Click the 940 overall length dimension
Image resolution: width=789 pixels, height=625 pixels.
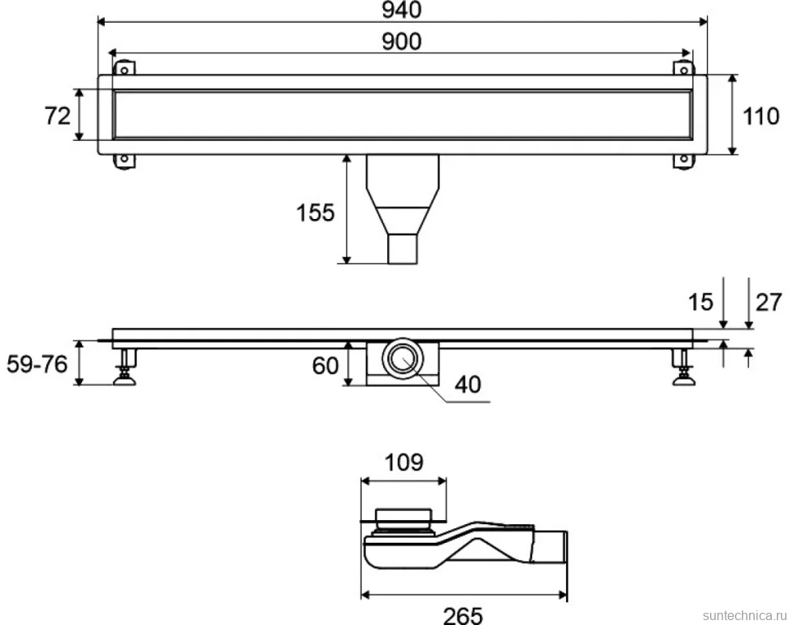(401, 10)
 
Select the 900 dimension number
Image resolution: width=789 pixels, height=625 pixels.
(401, 42)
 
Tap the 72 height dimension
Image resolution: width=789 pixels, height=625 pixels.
(58, 116)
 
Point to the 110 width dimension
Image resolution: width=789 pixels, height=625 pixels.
(761, 116)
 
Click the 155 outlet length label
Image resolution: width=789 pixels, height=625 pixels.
(315, 212)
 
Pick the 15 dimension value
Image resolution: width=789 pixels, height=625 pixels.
(700, 302)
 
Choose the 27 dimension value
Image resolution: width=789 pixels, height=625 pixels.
(769, 302)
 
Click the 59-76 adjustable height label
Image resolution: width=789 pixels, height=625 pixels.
(37, 364)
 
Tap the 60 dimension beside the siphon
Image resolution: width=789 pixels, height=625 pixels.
(325, 365)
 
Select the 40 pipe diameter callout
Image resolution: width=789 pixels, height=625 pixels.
(468, 384)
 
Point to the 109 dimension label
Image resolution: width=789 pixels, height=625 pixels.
(404, 461)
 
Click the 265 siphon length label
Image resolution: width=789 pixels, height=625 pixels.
(463, 615)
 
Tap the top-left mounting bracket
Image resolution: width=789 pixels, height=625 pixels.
(124, 68)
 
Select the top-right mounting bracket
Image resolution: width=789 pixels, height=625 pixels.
(684, 68)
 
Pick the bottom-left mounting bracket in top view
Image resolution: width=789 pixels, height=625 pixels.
(124, 161)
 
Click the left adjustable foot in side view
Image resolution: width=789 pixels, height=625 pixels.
(124, 367)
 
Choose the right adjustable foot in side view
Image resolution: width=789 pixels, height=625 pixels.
(684, 367)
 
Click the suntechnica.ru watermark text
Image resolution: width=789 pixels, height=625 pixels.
(744, 615)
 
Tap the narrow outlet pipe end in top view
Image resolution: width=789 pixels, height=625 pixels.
(403, 248)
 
